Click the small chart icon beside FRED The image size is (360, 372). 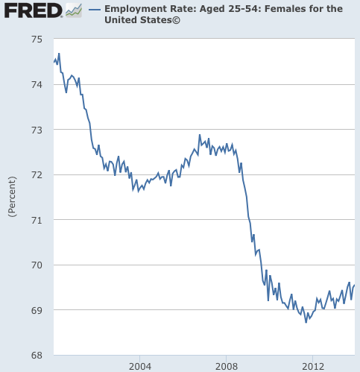(x=73, y=10)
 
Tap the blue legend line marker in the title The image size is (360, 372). (x=95, y=9)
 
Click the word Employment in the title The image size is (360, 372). (x=134, y=9)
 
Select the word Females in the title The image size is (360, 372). (x=280, y=9)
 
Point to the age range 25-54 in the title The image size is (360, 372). (x=240, y=9)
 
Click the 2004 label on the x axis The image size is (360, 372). (x=139, y=367)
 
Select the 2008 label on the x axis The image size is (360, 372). (x=226, y=367)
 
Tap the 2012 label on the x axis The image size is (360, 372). (x=312, y=367)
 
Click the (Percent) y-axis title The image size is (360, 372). (x=11, y=197)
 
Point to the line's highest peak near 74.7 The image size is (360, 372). (x=59, y=54)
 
